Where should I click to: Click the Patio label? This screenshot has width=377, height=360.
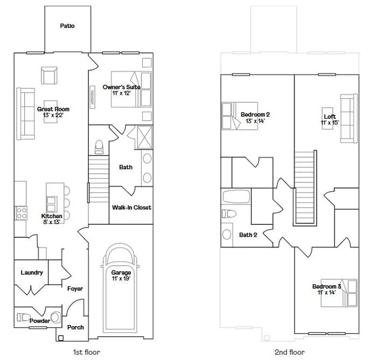(67, 26)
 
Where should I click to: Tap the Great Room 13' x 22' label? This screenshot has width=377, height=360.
(53, 112)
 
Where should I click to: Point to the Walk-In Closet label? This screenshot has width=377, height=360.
(131, 207)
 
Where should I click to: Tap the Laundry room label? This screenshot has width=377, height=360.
(32, 272)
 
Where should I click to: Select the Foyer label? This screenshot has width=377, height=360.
(75, 289)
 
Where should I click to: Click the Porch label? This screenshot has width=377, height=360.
(75, 327)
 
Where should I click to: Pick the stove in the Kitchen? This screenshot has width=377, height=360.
(21, 213)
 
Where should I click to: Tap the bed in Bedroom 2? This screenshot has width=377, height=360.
(231, 115)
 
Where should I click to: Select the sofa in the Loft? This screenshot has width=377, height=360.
(348, 118)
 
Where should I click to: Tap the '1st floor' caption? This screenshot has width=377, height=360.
(86, 352)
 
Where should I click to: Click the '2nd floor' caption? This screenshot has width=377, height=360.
(290, 352)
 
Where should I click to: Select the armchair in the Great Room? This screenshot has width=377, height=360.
(49, 75)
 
